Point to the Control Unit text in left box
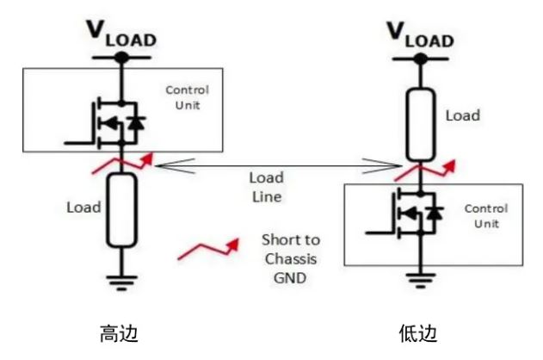pyautogui.click(x=187, y=96)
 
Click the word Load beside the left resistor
pyautogui.click(x=83, y=208)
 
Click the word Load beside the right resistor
pyautogui.click(x=462, y=115)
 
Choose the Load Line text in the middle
pyautogui.click(x=266, y=187)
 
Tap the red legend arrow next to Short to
pyautogui.click(x=207, y=251)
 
